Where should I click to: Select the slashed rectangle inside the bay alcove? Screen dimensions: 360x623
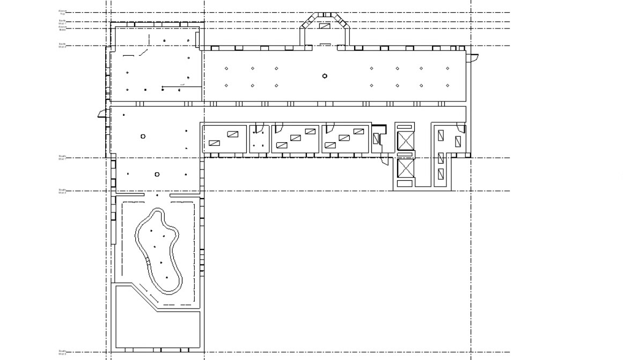[325, 25]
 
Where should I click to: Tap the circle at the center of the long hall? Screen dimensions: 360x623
[325, 76]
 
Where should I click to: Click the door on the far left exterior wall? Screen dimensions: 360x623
[102, 114]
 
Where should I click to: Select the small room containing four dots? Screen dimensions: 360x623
[259, 139]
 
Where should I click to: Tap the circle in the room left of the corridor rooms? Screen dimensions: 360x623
[143, 136]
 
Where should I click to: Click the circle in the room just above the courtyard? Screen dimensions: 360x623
[157, 174]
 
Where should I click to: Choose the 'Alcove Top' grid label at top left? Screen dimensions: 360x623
[62, 12]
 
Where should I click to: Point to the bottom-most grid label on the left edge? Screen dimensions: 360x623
[62, 352]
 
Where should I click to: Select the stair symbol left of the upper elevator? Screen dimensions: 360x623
[376, 138]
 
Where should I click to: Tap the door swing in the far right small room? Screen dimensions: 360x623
[461, 127]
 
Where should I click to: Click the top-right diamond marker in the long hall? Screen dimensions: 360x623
[448, 69]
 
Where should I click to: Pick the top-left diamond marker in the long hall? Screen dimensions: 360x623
[226, 69]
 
